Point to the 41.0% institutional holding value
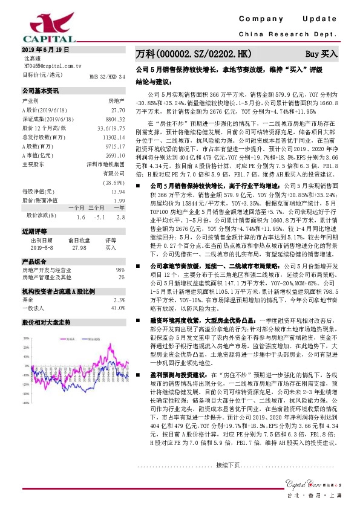tap(117, 308)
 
